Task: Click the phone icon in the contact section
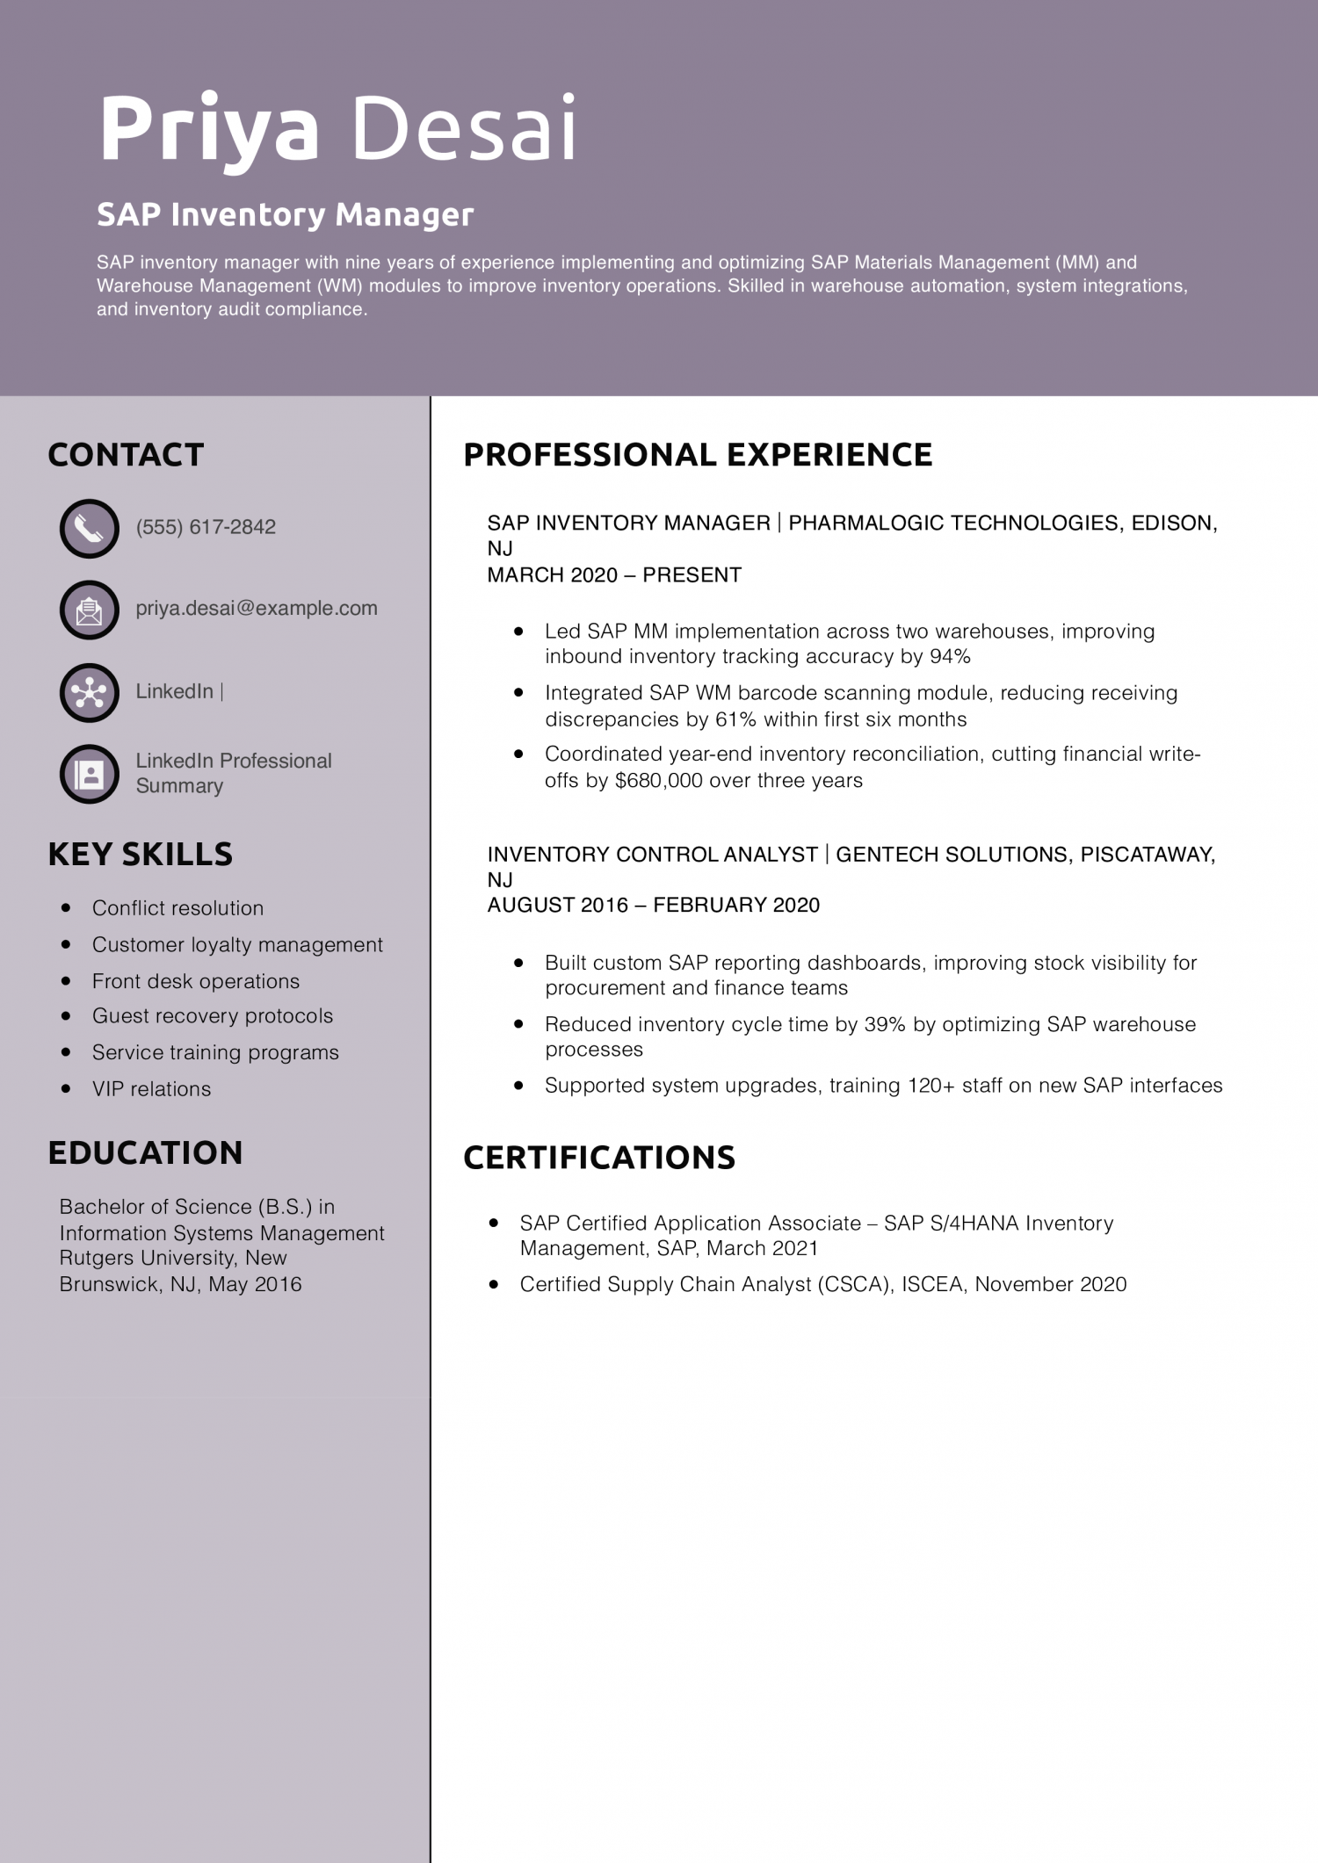[x=89, y=529]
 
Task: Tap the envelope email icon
[x=89, y=610]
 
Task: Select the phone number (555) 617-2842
[x=206, y=527]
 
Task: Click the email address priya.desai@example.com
[x=256, y=608]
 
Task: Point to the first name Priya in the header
[x=209, y=130]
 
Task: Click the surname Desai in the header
[x=463, y=130]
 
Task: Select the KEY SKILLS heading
[x=141, y=855]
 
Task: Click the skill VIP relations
[x=151, y=1089]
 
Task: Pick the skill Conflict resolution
[x=177, y=908]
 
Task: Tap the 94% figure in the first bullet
[x=950, y=657]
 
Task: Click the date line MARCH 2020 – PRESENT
[x=614, y=575]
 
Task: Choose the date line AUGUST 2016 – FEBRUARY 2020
[x=653, y=906]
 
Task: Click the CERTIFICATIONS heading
[x=599, y=1158]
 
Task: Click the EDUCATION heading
[x=145, y=1153]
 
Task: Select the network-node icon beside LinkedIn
[x=89, y=692]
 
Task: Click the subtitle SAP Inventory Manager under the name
[x=285, y=214]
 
